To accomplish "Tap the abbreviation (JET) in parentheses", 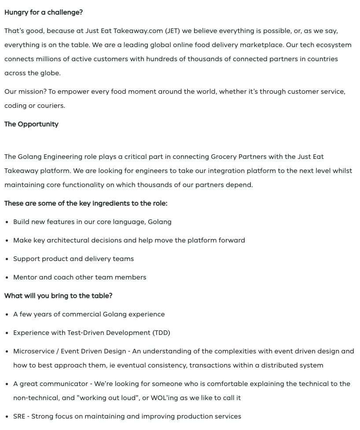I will click(173, 31).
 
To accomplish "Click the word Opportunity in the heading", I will click(38, 124).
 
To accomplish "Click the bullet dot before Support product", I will click(7, 259).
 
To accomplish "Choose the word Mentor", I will click(25, 277).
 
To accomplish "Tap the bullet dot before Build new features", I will click(7, 222).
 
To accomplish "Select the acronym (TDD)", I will click(161, 333).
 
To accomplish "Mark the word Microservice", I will click(34, 351).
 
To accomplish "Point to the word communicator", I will click(66, 384).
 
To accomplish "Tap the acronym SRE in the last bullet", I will click(19, 416).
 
